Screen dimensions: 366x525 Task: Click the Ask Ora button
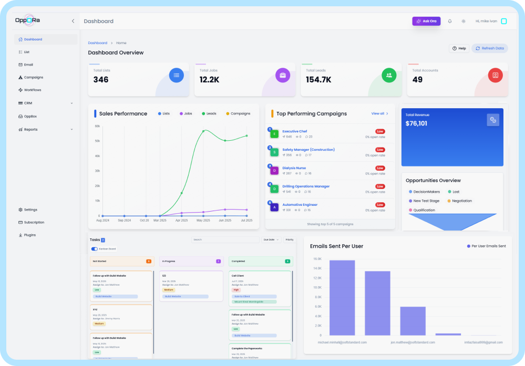click(x=426, y=21)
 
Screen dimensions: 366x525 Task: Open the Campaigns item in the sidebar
click(x=33, y=77)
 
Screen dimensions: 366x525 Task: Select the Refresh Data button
click(x=489, y=48)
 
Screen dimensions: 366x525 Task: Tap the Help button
click(x=459, y=48)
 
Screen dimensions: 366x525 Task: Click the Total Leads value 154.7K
click(x=318, y=80)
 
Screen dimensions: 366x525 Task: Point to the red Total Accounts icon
click(x=495, y=75)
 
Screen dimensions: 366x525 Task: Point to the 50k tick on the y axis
click(x=97, y=141)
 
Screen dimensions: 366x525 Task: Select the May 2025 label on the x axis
click(x=203, y=221)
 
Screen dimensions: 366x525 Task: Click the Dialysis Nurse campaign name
click(x=294, y=168)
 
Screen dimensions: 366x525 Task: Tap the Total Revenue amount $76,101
click(x=416, y=123)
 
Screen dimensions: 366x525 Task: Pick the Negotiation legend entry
click(x=461, y=201)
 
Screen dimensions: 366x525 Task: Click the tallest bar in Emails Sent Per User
click(x=342, y=298)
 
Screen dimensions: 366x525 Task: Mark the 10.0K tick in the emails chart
click(x=317, y=287)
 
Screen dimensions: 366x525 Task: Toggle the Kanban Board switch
click(x=95, y=249)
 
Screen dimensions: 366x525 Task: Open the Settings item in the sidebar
click(x=30, y=210)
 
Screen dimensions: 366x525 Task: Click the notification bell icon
click(x=450, y=21)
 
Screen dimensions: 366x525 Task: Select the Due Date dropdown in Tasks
click(x=271, y=239)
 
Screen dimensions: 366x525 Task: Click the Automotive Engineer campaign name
click(x=300, y=205)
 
